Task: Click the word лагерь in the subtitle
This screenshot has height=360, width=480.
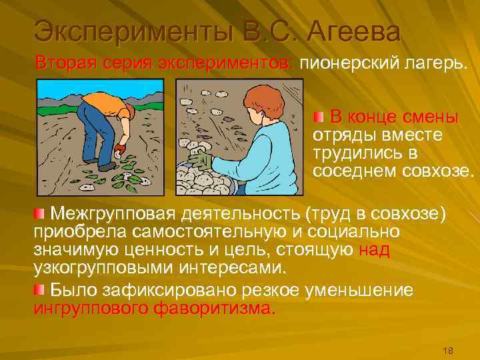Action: pyautogui.click(x=434, y=63)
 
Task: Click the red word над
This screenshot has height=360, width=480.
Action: pyautogui.click(x=374, y=250)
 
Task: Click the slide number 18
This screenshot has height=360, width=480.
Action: pyautogui.click(x=448, y=351)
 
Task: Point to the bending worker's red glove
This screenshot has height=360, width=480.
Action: pyautogui.click(x=119, y=149)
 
